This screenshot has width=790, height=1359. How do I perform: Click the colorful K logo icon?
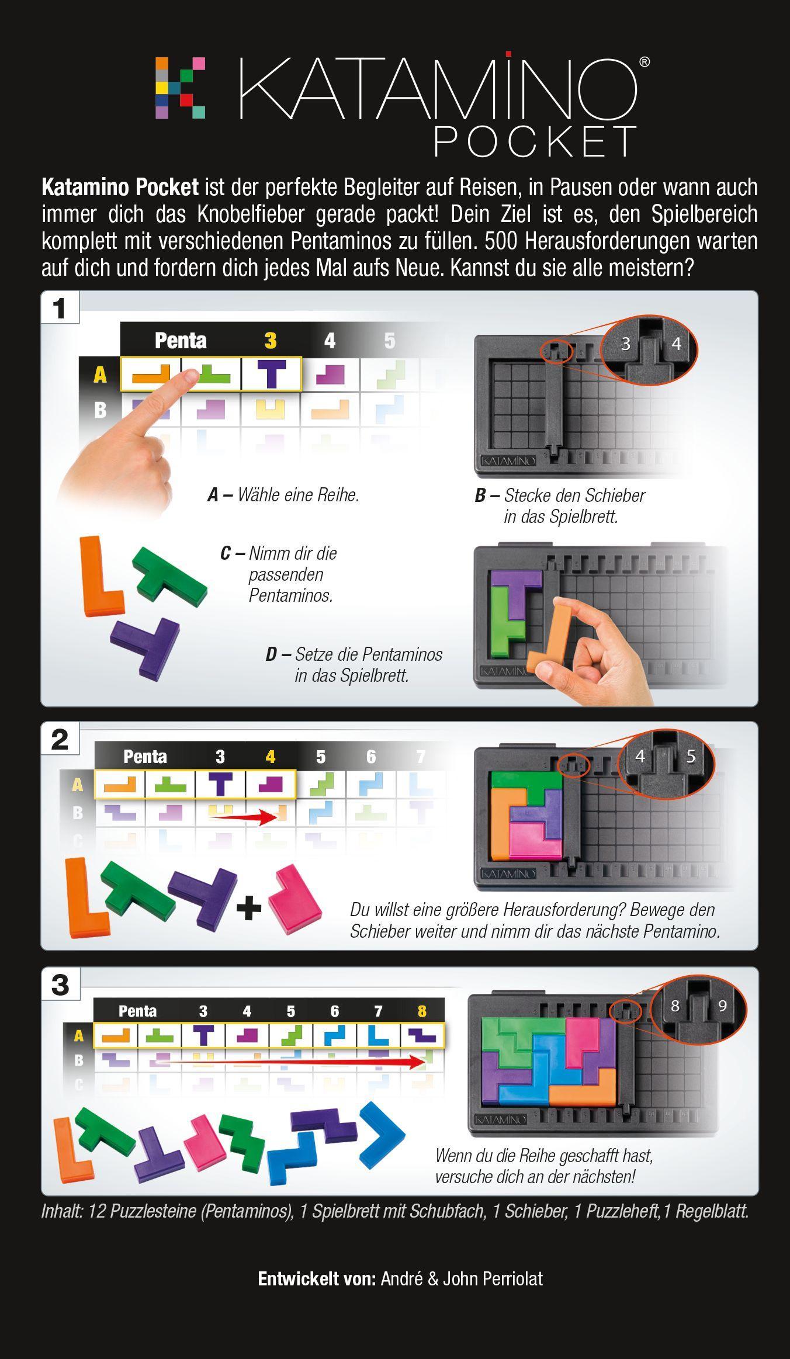tap(180, 88)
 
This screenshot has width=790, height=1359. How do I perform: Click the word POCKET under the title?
tap(535, 141)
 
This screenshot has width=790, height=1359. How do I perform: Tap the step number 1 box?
tap(60, 308)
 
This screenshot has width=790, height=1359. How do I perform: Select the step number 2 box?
tap(60, 739)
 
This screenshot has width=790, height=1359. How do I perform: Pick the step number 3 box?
tap(60, 984)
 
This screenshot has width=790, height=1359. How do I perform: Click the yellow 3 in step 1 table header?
tap(271, 341)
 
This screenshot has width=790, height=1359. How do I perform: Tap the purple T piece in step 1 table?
tap(272, 374)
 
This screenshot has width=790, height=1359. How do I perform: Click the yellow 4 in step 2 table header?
tap(271, 757)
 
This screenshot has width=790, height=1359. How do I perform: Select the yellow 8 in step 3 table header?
tap(422, 1011)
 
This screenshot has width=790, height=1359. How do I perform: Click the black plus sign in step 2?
tap(249, 908)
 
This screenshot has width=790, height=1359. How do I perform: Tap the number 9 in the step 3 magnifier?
tap(722, 1006)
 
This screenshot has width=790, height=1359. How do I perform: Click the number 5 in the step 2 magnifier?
tap(691, 757)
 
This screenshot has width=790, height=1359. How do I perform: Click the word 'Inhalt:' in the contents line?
tap(62, 1211)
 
